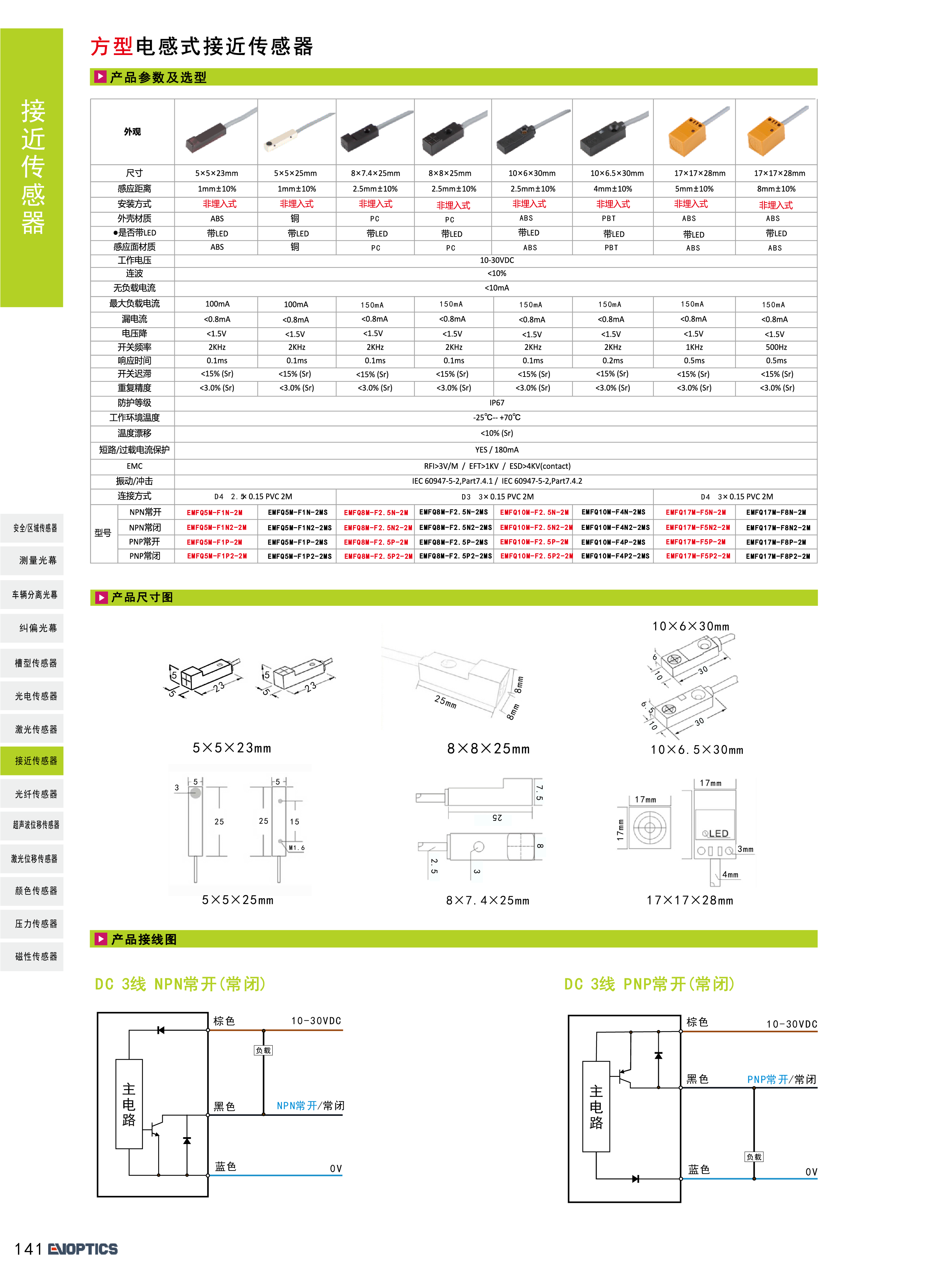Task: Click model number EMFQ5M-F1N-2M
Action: [215, 513]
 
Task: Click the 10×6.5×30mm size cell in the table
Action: [617, 173]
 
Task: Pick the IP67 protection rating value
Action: [497, 403]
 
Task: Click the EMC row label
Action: [134, 466]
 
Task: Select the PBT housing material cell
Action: [609, 218]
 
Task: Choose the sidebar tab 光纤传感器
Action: [36, 794]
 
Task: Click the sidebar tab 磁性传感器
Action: [36, 956]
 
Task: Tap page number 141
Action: [28, 1249]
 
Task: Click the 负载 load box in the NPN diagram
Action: [263, 1050]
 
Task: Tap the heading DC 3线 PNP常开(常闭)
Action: [649, 984]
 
